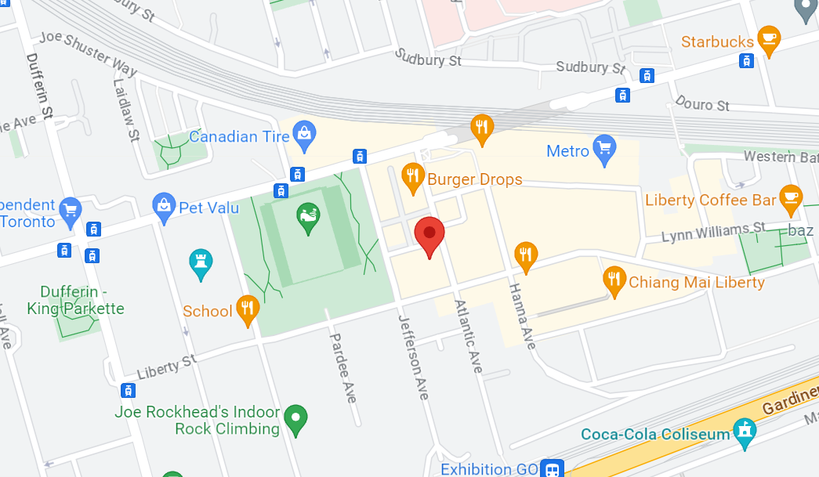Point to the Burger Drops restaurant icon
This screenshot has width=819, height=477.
pyautogui.click(x=412, y=178)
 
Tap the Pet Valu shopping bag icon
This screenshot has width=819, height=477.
pyautogui.click(x=163, y=207)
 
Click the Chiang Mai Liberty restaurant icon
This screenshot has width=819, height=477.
pyautogui.click(x=614, y=280)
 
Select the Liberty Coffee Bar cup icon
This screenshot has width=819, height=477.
pyautogui.click(x=789, y=199)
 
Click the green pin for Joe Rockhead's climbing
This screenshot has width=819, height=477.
pyautogui.click(x=295, y=418)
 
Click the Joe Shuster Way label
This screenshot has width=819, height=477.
pyautogui.click(x=88, y=52)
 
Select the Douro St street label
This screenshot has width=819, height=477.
pyautogui.click(x=701, y=105)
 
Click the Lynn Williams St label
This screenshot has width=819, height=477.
pyautogui.click(x=713, y=232)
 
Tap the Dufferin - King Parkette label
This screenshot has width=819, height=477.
pyautogui.click(x=75, y=300)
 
